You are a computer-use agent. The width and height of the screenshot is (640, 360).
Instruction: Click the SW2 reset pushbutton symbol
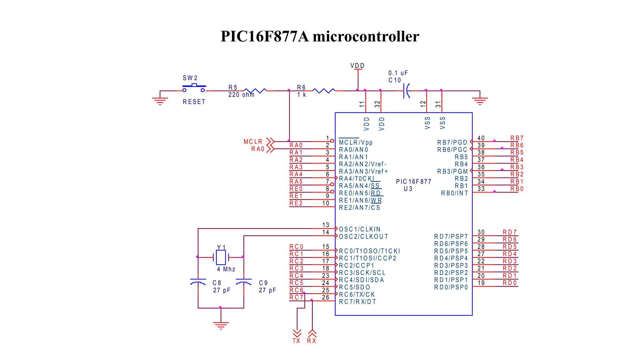pos(194,87)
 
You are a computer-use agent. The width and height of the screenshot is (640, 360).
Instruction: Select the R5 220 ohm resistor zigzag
pos(255,91)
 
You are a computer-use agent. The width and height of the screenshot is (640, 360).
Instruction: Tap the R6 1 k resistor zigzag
pos(324,91)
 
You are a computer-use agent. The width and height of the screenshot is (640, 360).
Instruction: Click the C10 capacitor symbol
pos(406,91)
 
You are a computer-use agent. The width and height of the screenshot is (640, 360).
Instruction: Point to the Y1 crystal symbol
pos(221,257)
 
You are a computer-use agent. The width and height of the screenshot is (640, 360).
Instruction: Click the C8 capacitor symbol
pos(198,282)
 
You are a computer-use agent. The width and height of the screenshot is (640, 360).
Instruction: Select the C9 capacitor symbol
pos(244,282)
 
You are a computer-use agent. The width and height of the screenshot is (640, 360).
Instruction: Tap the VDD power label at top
pos(357,66)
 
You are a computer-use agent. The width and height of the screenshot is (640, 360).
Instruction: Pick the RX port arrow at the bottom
pos(312,333)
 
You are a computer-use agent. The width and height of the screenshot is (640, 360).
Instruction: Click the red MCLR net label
pos(253,142)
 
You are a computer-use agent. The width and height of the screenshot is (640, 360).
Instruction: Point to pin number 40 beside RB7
pos(481,138)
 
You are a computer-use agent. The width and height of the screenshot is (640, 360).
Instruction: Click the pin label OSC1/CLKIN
pos(360,229)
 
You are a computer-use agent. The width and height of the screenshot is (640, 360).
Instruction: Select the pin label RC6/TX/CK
pos(357,295)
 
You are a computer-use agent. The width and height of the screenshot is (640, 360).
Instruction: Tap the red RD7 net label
pos(510,232)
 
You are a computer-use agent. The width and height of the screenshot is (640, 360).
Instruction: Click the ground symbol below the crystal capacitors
pos(221,325)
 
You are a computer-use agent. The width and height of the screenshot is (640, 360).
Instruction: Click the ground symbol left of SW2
pos(160,101)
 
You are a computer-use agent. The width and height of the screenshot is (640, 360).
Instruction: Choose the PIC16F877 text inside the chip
pos(413,182)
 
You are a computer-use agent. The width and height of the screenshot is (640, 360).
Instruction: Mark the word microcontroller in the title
pos(366,36)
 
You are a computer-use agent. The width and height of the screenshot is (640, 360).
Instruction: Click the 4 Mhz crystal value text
pos(226,269)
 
